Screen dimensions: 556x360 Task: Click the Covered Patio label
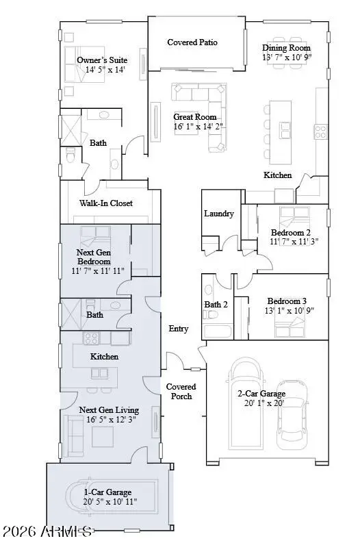(x=192, y=42)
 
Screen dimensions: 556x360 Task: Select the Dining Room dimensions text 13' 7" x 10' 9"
(x=287, y=58)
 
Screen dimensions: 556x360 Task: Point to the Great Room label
(x=194, y=117)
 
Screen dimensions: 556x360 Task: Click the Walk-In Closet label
(x=105, y=203)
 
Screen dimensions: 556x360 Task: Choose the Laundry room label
(x=219, y=214)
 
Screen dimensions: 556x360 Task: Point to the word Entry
(x=179, y=329)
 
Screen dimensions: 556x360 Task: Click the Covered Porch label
(x=181, y=392)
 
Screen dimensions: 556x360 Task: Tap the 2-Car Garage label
(x=261, y=394)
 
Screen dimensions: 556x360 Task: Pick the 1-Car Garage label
(x=108, y=492)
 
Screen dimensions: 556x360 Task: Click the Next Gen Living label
(x=109, y=410)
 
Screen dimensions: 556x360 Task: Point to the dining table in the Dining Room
(x=286, y=39)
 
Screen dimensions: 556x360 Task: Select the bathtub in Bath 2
(x=218, y=332)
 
